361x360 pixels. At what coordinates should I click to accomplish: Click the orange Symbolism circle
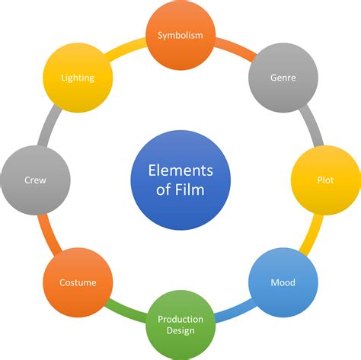pos(180,35)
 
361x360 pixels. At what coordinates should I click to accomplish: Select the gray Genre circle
pos(283,77)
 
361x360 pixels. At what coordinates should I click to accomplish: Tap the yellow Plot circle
pos(325,180)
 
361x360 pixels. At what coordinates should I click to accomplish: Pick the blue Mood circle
pos(283,282)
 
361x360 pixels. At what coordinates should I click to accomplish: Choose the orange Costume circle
pos(78,282)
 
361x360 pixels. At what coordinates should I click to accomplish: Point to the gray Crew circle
pos(35,180)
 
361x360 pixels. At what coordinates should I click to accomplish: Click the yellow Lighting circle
pos(78,77)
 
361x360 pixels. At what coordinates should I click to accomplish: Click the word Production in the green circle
pos(180,319)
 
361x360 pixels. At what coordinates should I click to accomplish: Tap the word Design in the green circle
pos(180,330)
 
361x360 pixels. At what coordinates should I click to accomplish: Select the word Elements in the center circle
pos(180,170)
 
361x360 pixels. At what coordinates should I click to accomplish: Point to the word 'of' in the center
pos(165,190)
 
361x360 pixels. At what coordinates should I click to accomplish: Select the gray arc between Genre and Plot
pos(313,125)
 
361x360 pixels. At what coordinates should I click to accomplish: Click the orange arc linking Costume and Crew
pos(47,235)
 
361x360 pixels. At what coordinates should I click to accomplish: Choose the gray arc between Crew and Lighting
pos(47,126)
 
